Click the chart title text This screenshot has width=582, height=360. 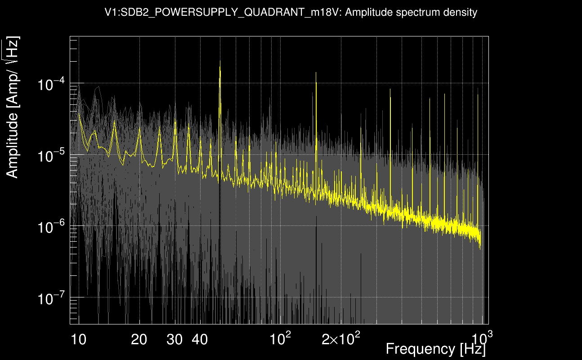291,13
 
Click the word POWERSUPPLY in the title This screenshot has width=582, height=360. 176,13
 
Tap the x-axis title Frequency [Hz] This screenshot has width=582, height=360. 435,348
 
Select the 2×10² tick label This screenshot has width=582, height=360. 340,338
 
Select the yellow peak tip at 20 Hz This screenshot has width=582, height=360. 139,128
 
